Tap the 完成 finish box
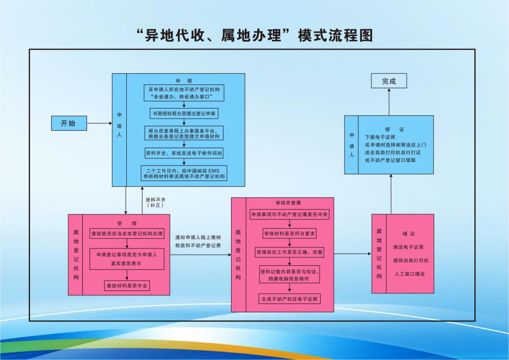coord(389,81)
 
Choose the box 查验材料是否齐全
coord(127,286)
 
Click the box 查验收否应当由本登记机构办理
coord(127,234)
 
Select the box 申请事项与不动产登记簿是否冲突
coord(289,215)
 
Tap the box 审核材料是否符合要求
coord(289,234)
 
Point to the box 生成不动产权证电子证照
coord(289,298)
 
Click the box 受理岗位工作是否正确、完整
coord(289,252)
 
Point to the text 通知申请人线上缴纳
coord(198,237)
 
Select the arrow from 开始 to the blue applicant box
coord(99,123)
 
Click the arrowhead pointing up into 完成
coord(389,91)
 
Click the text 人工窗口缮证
coord(410,274)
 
